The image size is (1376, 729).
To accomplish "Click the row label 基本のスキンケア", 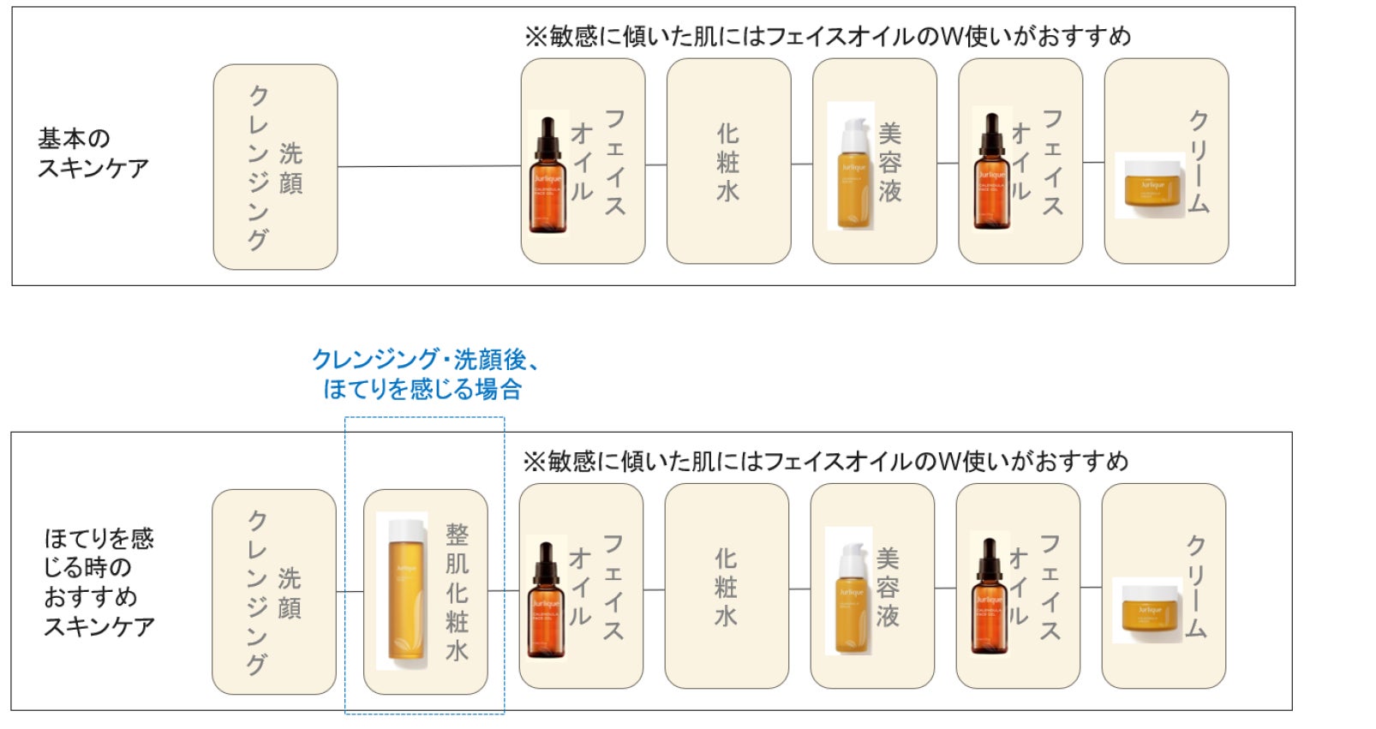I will pyautogui.click(x=93, y=152).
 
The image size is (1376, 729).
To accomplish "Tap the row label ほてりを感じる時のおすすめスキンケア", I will pyautogui.click(x=99, y=582).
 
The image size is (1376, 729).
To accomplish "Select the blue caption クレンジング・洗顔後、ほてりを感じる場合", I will pyautogui.click(x=425, y=374).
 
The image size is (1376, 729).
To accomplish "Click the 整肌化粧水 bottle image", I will pyautogui.click(x=403, y=591).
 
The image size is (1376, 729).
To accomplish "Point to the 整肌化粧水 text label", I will pyautogui.click(x=457, y=592).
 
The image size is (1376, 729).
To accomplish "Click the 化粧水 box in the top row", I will pyautogui.click(x=728, y=161).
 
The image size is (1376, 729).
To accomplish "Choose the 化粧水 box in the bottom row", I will pyautogui.click(x=726, y=586).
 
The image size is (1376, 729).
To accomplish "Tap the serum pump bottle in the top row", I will pyautogui.click(x=852, y=166).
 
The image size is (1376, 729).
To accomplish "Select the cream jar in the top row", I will pyautogui.click(x=1150, y=185).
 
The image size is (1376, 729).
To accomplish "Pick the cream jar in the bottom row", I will pyautogui.click(x=1147, y=611).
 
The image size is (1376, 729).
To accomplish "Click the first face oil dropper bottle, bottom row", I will pyautogui.click(x=546, y=600).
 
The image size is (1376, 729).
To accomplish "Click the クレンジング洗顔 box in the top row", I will pyautogui.click(x=275, y=167).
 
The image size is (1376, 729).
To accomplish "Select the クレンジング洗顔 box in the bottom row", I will pyautogui.click(x=273, y=592).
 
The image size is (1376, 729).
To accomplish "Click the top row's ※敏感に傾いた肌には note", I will pyautogui.click(x=827, y=36).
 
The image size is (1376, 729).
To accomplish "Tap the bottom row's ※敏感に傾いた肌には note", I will pyautogui.click(x=825, y=462).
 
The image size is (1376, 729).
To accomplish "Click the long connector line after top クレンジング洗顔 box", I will pyautogui.click(x=428, y=166).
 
